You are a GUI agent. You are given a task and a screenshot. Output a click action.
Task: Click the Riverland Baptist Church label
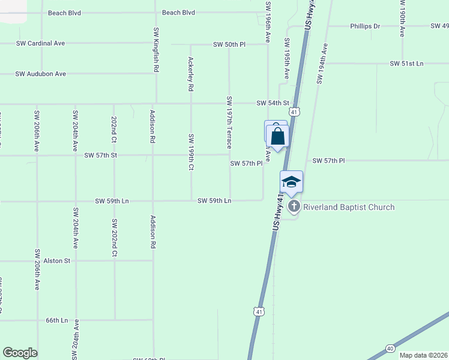349,208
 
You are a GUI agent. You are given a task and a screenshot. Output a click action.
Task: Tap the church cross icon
294,207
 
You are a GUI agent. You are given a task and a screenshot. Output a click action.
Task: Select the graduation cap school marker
291,182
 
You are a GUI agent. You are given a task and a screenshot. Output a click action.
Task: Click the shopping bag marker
278,136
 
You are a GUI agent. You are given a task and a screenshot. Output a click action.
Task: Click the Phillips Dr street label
366,26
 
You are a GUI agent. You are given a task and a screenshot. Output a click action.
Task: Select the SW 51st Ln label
406,64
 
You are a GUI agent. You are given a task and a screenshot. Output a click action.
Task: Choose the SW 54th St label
273,103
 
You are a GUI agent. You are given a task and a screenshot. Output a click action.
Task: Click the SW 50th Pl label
230,45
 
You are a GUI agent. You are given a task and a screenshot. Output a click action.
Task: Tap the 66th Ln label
57,320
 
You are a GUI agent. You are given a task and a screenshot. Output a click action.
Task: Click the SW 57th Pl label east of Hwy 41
328,161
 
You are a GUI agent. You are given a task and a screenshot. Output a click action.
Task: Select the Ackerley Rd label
191,74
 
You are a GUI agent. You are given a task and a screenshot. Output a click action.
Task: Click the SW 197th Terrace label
229,122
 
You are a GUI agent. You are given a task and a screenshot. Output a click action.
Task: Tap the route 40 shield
390,348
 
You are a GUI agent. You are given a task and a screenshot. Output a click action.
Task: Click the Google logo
20,353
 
